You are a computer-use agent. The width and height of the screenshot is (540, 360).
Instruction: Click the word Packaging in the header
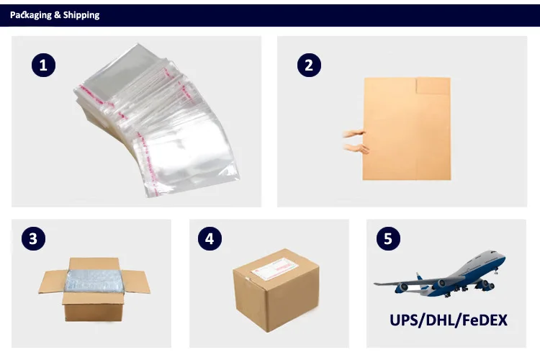31,15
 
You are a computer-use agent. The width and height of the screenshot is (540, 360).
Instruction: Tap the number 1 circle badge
43,65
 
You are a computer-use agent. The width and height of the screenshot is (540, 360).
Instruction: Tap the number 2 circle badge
309,65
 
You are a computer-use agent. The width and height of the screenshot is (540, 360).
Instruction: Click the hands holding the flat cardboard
356,141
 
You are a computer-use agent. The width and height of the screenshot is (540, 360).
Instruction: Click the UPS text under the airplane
406,319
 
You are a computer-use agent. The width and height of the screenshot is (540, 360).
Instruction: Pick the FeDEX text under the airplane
487,319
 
